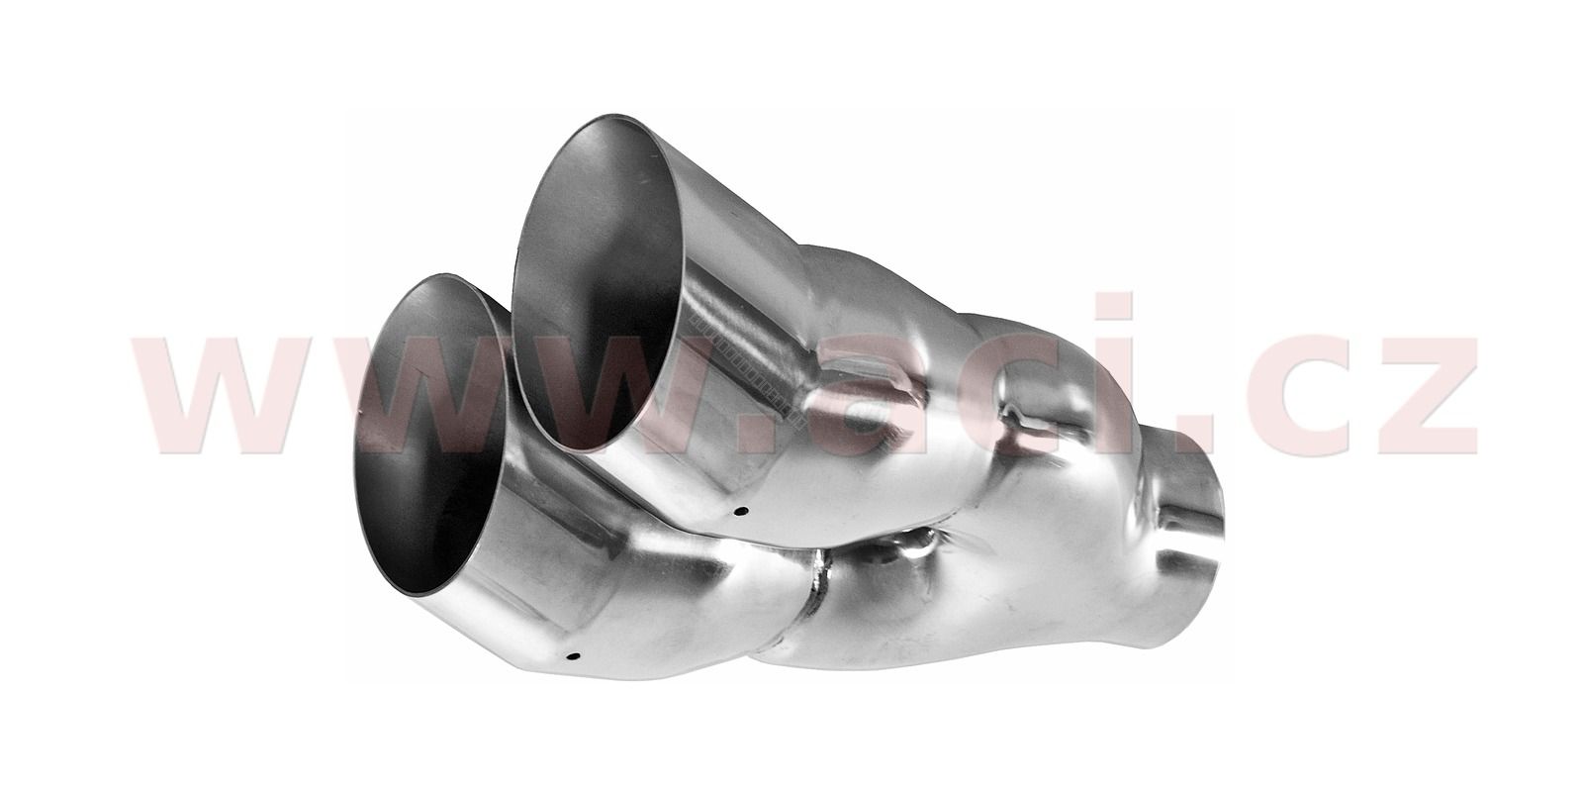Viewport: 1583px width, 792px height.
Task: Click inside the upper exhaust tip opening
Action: point(598,283)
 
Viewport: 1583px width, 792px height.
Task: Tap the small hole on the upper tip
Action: point(740,511)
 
